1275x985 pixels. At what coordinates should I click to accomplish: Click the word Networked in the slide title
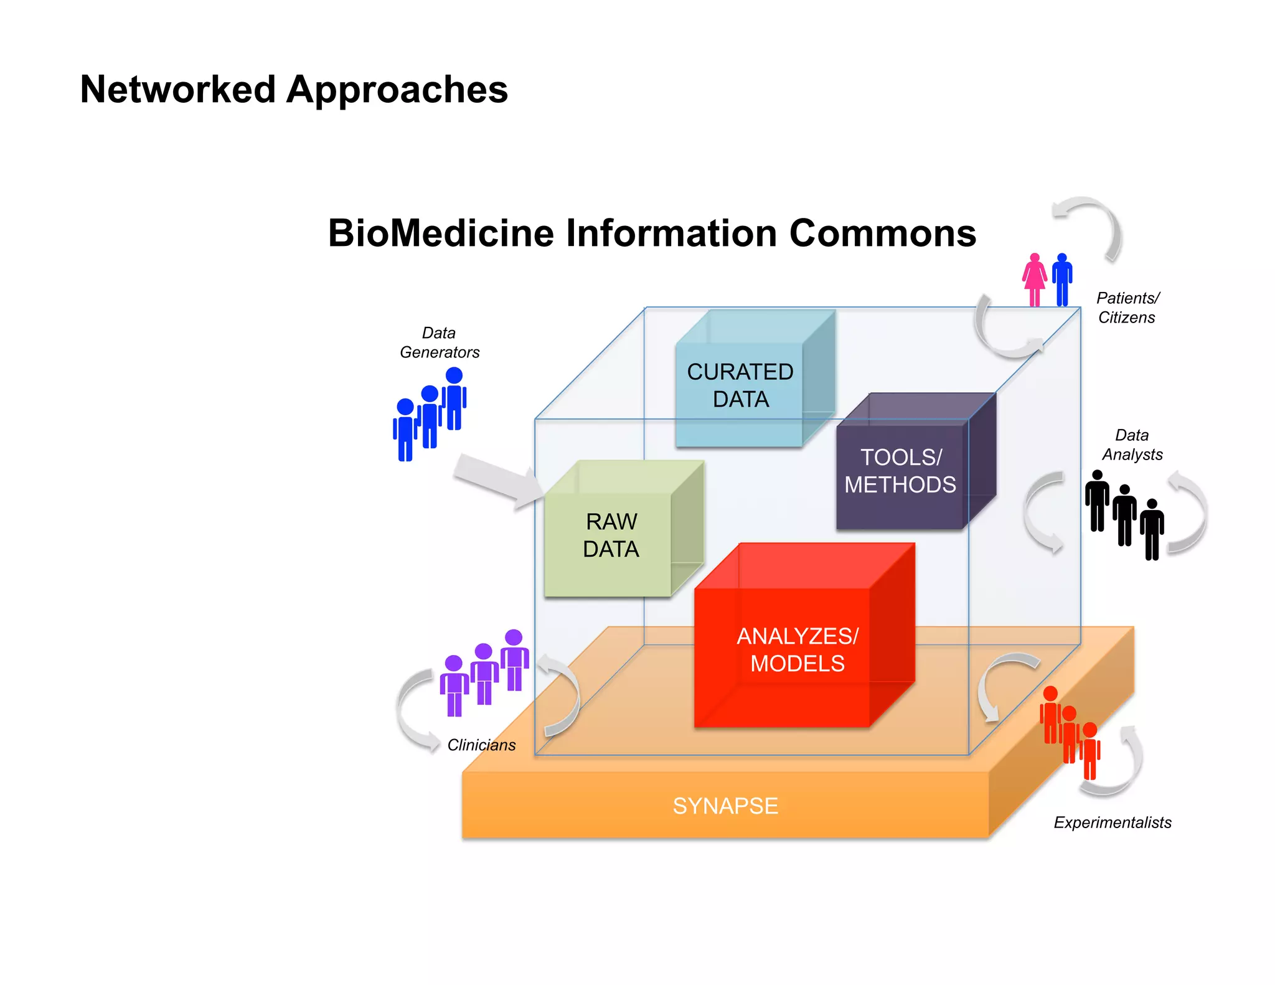[x=178, y=90]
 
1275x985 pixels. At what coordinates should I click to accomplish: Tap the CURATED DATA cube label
[x=740, y=385]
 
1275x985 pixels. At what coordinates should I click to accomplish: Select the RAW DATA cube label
[x=611, y=535]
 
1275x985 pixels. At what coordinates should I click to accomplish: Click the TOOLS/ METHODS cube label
[x=900, y=471]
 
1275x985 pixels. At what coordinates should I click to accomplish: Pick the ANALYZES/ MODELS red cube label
[x=797, y=650]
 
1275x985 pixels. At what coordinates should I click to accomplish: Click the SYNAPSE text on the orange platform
[x=725, y=806]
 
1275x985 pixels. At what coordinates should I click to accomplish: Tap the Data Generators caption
[x=440, y=342]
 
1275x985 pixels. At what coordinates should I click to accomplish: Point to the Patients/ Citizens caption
[x=1127, y=308]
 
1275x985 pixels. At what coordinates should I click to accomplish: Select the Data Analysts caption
[x=1132, y=445]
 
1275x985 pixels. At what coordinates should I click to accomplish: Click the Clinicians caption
[x=481, y=745]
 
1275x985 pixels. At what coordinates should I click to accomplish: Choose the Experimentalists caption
[x=1113, y=822]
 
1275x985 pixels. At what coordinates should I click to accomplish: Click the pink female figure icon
[x=1035, y=280]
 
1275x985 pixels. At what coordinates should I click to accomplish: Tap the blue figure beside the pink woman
[x=1062, y=280]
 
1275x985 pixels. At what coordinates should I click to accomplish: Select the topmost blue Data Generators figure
[x=454, y=398]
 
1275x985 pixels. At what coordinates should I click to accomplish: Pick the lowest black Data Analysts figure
[x=1152, y=529]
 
